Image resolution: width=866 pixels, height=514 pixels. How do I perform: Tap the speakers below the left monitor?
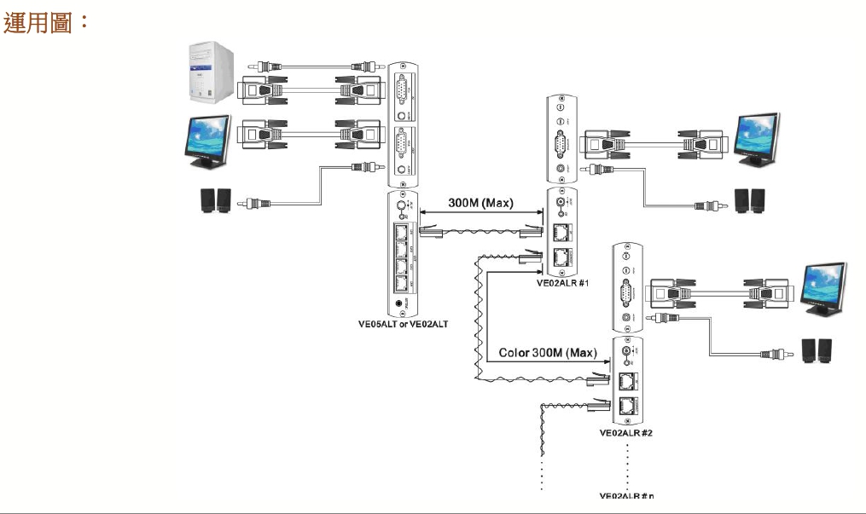(214, 201)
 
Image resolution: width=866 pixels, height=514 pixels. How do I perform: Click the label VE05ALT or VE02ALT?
(403, 324)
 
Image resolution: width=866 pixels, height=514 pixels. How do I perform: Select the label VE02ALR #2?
(626, 433)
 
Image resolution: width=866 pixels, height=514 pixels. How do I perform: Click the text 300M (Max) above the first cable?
(480, 204)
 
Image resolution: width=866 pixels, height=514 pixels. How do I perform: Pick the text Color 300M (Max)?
(548, 353)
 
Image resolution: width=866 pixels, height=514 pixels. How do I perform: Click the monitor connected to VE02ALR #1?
(757, 140)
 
